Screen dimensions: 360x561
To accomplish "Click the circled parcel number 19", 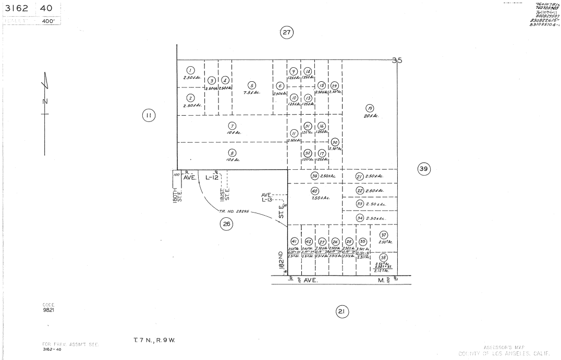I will pos(370,108).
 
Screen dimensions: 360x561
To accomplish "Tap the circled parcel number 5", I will pos(252,86).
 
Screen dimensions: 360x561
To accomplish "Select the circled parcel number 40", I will pos(314,191).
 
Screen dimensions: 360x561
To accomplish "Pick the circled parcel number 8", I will pos(232,153).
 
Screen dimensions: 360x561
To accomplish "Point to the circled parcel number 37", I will pos(384,234).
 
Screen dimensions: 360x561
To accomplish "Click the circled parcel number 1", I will pos(190,70).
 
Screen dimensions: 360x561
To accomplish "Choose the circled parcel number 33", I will pos(360,204).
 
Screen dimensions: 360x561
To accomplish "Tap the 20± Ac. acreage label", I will pos(371,116).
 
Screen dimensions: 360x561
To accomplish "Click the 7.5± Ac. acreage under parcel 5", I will pos(251,93).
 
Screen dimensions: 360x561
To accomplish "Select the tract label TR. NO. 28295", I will pos(234,212).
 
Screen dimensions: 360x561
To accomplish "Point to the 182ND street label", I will pos(280,259).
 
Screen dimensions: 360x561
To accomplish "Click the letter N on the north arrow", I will pos(45,101).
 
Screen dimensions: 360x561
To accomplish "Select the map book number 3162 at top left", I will pos(16,9).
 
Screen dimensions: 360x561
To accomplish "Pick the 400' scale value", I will pos(49,21).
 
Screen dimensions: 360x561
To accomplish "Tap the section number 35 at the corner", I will pos(397,60).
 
